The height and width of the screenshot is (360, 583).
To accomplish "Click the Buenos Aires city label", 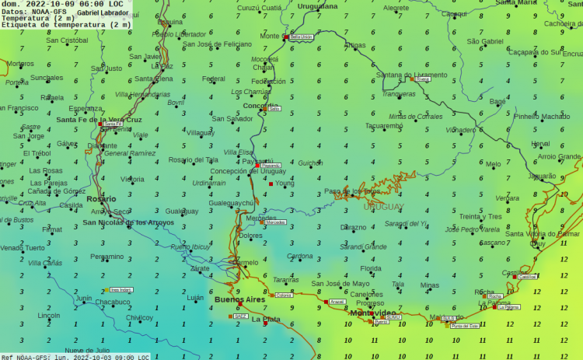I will click(x=240, y=299).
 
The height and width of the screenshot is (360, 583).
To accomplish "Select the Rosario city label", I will click(x=101, y=198).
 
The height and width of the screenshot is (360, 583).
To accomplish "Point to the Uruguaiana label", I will click(x=317, y=5).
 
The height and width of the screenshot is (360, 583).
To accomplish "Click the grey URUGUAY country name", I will click(x=383, y=206).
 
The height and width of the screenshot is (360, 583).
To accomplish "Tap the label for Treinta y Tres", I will click(x=480, y=216).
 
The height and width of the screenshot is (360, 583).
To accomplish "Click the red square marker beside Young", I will click(x=271, y=183).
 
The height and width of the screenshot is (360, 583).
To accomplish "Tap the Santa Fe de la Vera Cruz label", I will click(x=99, y=120).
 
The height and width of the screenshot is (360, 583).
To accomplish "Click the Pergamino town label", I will click(x=106, y=256).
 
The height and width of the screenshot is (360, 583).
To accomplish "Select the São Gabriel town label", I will click(x=486, y=41).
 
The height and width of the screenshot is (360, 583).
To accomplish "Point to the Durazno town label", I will click(x=354, y=228).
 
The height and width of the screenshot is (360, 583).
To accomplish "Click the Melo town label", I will click(x=494, y=164).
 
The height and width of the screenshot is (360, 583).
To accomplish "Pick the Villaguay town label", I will click(x=201, y=133).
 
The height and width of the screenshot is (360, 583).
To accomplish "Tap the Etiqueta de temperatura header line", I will click(x=66, y=25).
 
